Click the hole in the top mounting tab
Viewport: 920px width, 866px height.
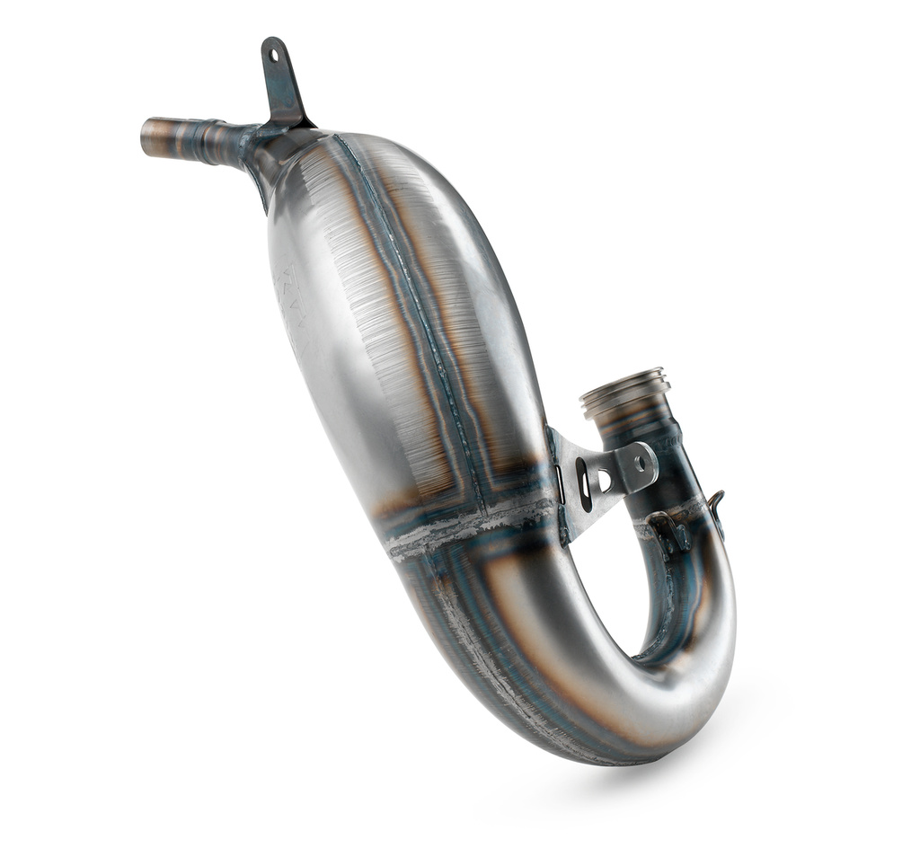(x=272, y=57)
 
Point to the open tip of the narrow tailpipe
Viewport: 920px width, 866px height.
(x=146, y=135)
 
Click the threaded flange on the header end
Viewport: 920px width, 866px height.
(x=624, y=392)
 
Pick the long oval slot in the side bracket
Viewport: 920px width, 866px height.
(x=585, y=486)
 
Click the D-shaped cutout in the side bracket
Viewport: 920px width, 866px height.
(x=605, y=482)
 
